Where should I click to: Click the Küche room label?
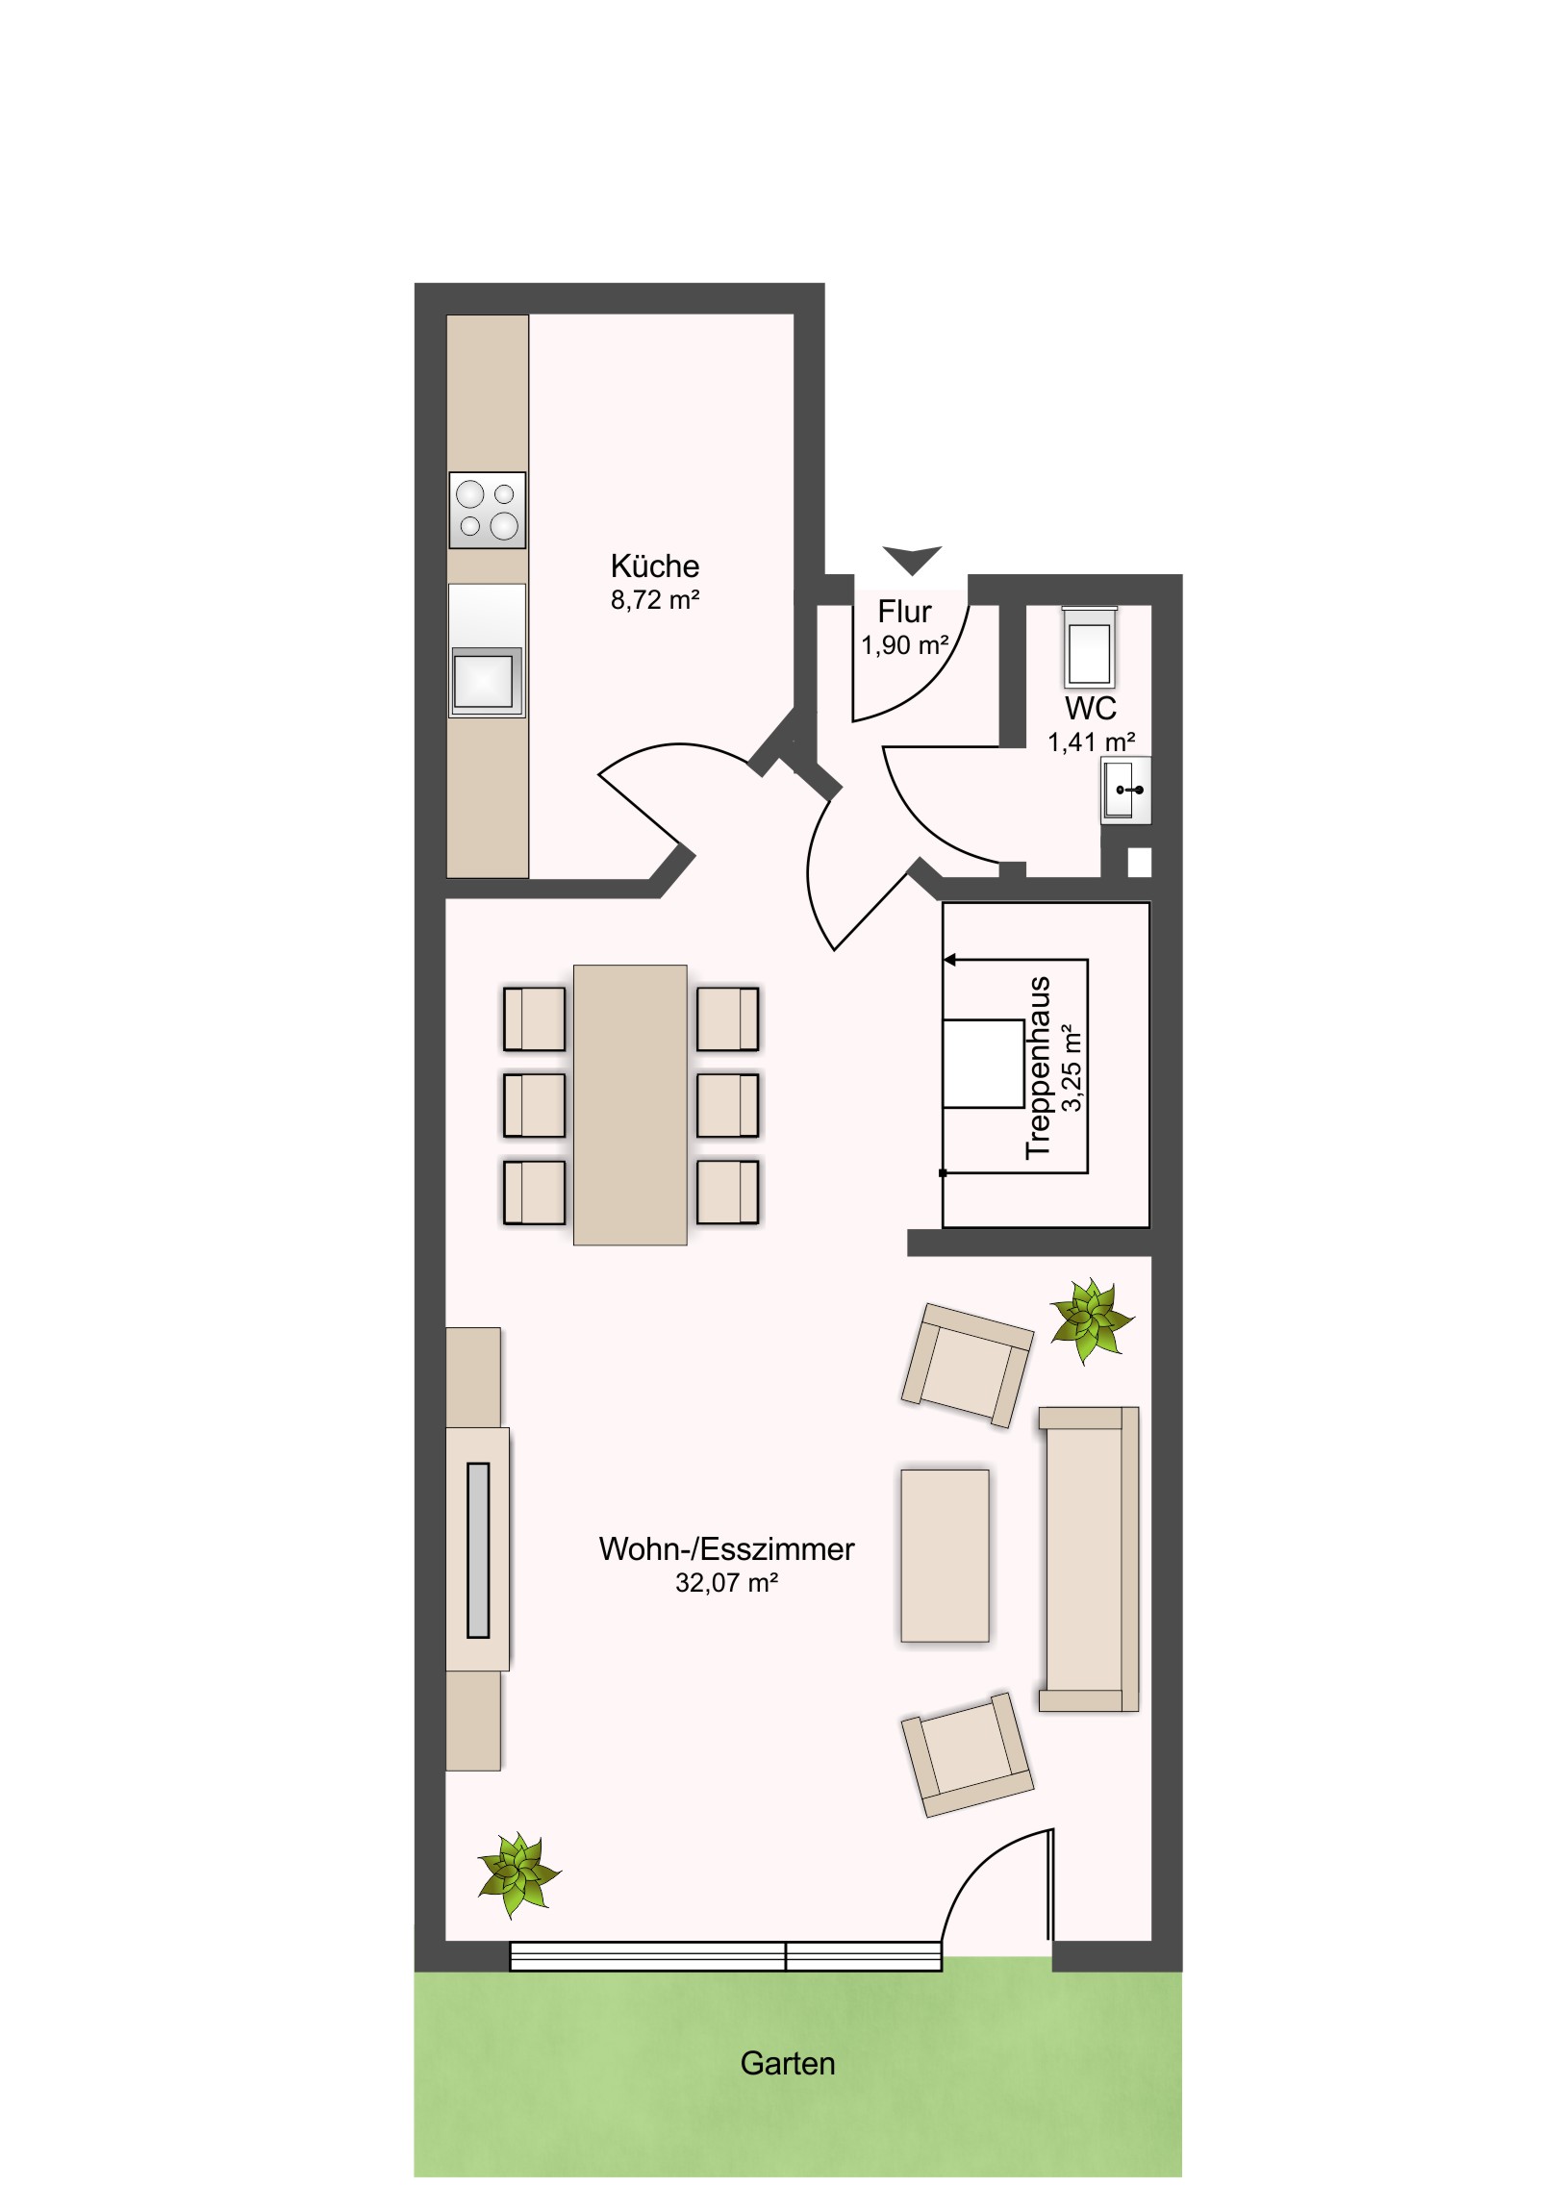coord(654,566)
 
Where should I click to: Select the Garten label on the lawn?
coord(788,2063)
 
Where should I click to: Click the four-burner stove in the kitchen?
coord(488,511)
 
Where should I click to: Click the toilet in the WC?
coord(1089,645)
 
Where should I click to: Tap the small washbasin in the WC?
coord(1125,790)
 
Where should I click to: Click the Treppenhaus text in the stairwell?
coord(1037,1068)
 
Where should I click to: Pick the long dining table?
coord(630,1105)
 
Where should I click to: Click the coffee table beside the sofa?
coord(945,1555)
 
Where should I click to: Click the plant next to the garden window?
coord(518,1873)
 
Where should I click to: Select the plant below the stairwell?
coord(1092,1320)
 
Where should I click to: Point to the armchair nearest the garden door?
coord(967,1754)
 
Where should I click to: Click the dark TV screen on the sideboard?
coord(478,1550)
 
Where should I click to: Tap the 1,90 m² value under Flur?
coord(905,645)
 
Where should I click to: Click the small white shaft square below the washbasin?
coord(1139,863)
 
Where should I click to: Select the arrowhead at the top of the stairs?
coord(949,960)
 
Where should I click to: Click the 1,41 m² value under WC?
coord(1091,742)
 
